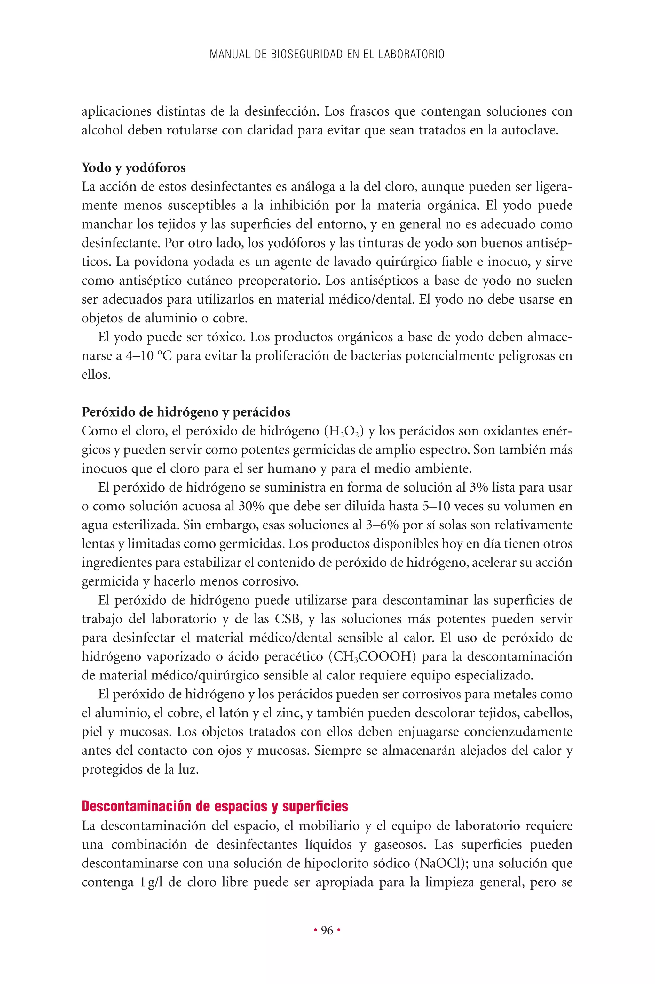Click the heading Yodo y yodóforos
click(x=134, y=168)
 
